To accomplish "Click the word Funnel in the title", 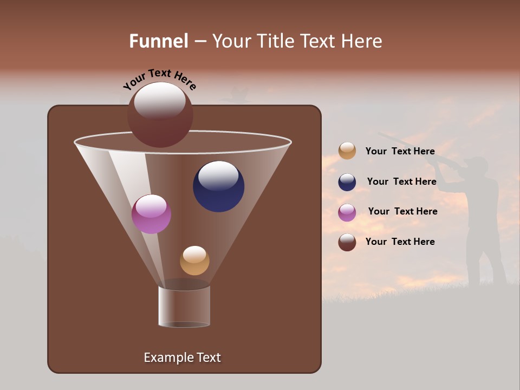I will [x=158, y=41].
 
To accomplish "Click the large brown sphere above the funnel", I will [x=160, y=114].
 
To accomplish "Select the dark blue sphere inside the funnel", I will [x=218, y=186].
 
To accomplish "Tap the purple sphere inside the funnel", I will [x=151, y=214].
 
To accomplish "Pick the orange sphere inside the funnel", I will [x=194, y=261].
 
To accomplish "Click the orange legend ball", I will [x=347, y=151].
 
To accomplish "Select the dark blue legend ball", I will [x=347, y=182].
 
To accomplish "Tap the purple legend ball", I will [x=347, y=212].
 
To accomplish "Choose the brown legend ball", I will [x=347, y=242].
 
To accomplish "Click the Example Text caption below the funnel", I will [x=182, y=357].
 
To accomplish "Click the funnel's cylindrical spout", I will [x=184, y=306].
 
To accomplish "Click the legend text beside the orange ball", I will [x=400, y=151].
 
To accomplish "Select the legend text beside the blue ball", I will [x=401, y=181].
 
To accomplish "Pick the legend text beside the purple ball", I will [x=402, y=211].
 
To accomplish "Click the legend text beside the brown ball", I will [x=400, y=242].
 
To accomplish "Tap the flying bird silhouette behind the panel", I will [x=237, y=95].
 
